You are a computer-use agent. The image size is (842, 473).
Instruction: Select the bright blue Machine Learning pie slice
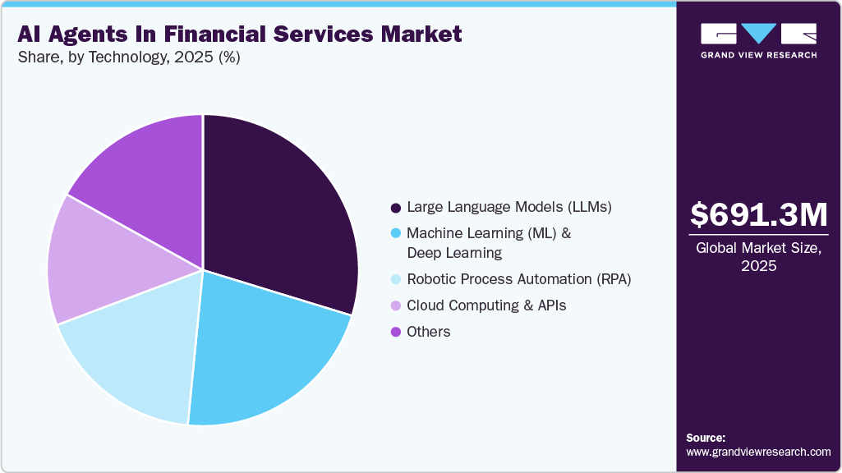(263, 353)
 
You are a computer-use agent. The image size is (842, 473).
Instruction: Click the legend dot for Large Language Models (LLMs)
(396, 208)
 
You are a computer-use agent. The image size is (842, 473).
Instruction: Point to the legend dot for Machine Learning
(396, 234)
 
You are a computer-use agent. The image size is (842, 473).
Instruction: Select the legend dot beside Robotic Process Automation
(396, 280)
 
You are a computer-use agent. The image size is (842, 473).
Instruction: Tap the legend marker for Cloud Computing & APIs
(396, 306)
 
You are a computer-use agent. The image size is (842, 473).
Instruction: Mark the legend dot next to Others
(396, 333)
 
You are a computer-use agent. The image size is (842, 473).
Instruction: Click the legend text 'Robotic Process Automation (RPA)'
(519, 280)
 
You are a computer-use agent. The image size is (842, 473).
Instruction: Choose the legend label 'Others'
(429, 333)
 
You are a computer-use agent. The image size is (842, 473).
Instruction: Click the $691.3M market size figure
(758, 214)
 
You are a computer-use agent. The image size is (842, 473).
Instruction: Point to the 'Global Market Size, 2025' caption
(758, 257)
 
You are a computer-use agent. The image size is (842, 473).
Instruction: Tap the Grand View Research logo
(758, 40)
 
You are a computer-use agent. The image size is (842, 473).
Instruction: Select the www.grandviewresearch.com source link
(758, 452)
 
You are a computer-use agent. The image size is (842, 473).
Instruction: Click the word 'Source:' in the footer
(706, 438)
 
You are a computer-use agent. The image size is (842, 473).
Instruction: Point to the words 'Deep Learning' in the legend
(454, 253)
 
